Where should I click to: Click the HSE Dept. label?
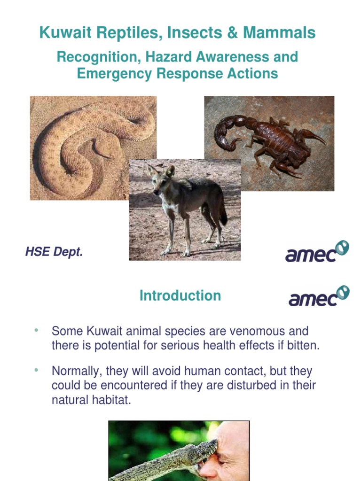pos(54,252)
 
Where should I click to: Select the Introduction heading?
pos(180,295)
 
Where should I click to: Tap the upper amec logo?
pos(317,252)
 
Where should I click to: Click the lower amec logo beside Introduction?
pos(319,296)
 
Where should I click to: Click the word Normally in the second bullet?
pos(76,371)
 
